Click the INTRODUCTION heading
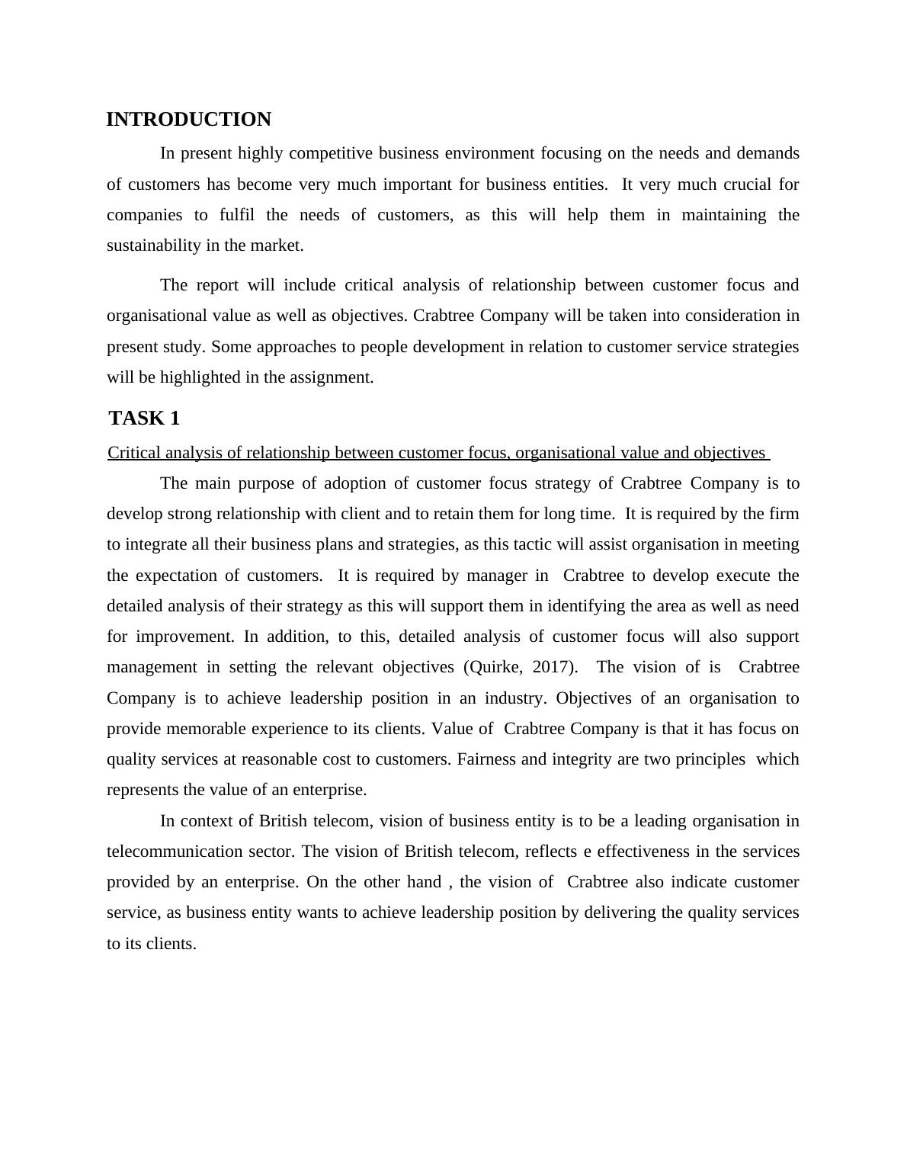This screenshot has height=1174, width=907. pos(188,120)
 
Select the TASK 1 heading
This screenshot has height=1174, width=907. pos(144,419)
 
